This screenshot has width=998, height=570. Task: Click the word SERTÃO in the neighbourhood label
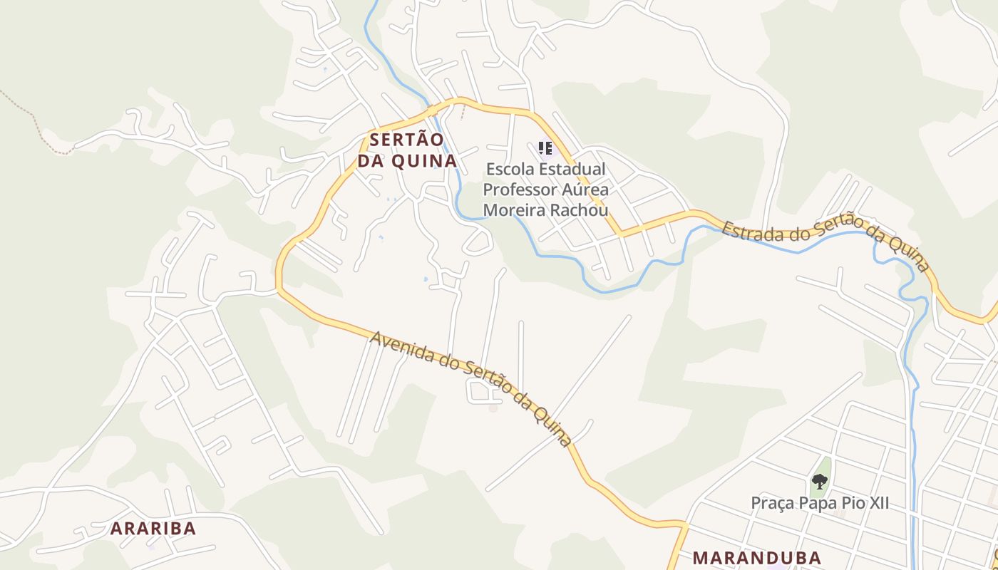point(406,139)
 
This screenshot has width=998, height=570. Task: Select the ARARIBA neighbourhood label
point(153,529)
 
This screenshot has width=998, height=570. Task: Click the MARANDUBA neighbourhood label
point(757,558)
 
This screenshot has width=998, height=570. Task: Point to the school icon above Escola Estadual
point(545,148)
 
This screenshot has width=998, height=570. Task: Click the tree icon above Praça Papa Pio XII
point(820,482)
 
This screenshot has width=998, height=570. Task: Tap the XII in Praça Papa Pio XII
point(877,503)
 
